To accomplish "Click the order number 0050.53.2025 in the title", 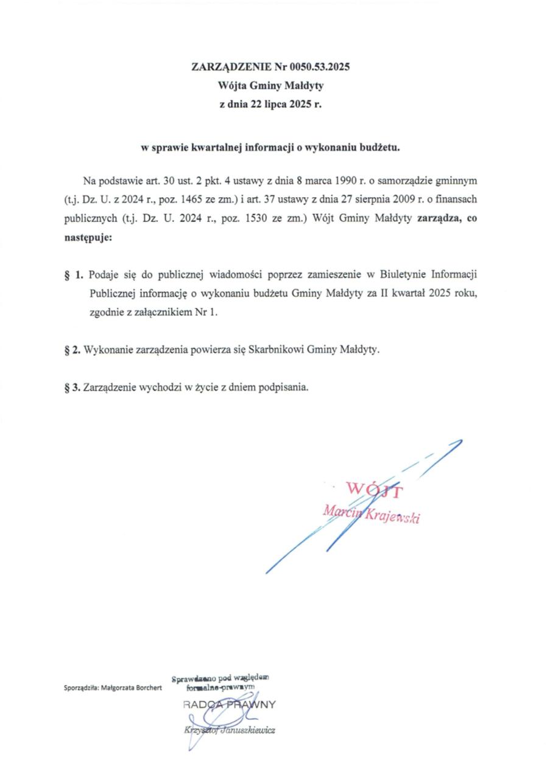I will click(322, 68).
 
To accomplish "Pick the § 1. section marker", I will click(73, 276).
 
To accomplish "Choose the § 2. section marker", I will click(72, 350).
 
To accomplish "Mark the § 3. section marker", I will click(72, 387).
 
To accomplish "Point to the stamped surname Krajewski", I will click(392, 517).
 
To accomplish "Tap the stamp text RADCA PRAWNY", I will click(228, 705).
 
